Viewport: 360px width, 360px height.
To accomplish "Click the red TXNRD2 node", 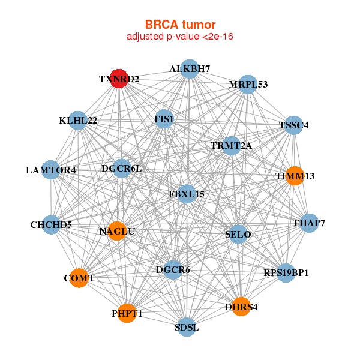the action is (119, 79).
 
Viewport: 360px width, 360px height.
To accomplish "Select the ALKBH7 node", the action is (190, 69).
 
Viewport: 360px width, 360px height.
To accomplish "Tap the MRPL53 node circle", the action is (247, 85).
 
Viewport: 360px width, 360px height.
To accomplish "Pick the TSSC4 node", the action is (293, 125).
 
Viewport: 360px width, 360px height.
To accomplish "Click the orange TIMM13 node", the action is (295, 176).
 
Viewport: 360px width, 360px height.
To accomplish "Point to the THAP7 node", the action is (309, 223).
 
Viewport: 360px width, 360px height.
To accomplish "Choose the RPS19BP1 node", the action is (286, 273).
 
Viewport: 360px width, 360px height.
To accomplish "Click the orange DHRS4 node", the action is (241, 307).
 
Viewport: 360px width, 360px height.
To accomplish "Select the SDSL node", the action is (187, 327).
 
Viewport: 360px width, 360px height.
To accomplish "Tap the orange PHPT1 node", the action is (127, 313).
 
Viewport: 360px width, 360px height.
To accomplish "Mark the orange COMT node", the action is (79, 278).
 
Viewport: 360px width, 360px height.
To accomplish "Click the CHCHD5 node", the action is (51, 225).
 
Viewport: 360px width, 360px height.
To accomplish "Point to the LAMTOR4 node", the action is (51, 170).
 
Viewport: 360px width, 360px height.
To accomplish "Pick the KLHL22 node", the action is (78, 121).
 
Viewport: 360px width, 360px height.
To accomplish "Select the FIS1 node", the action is (164, 119).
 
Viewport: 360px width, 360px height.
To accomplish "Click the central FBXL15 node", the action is (187, 194).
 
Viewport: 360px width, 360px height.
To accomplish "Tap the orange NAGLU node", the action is (117, 231).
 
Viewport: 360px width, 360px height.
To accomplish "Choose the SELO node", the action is (238, 235).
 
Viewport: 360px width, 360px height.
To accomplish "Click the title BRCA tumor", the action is (180, 25).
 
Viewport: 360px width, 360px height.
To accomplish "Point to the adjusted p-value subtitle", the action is (180, 37).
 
